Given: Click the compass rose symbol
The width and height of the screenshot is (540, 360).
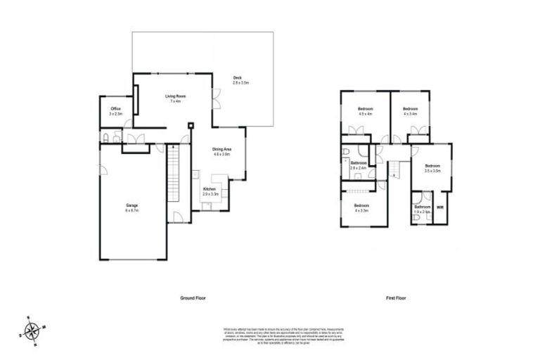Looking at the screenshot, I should click(32, 328).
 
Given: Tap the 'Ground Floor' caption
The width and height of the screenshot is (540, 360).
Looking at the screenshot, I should click(193, 298).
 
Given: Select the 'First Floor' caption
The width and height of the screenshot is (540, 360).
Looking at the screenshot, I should click(396, 298).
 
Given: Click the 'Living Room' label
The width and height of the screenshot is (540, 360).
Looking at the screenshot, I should click(174, 96).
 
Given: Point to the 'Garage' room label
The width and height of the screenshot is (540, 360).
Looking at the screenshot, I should click(131, 205).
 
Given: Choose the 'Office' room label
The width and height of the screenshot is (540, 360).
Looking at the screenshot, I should click(116, 108).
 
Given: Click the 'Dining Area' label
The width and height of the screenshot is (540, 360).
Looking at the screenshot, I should click(222, 149).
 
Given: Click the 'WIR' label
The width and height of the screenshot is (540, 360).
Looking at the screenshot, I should click(440, 207).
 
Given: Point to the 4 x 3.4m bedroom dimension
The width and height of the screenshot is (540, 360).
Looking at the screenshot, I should click(410, 113).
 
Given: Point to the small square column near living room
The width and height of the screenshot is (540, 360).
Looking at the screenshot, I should click(190, 125).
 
